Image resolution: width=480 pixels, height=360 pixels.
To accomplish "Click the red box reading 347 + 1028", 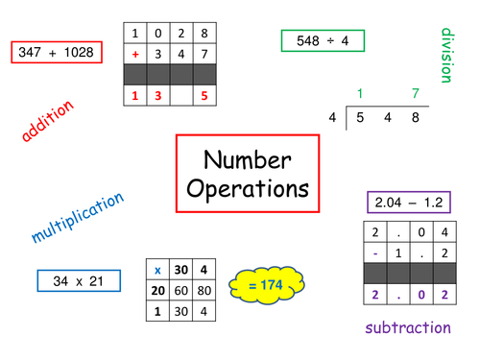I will click(x=56, y=52).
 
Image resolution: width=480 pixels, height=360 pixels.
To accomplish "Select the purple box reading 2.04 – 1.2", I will click(x=408, y=203).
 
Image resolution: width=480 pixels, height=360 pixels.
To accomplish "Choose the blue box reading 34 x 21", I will click(x=79, y=280).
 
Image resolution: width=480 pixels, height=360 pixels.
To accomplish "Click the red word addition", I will click(x=47, y=123).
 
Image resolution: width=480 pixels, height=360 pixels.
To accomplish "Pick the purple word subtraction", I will click(x=407, y=327).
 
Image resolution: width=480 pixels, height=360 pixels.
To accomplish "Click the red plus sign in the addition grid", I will click(x=135, y=55).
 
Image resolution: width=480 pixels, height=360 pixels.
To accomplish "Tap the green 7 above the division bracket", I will click(x=414, y=93).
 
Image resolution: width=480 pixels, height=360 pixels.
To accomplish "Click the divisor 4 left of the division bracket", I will click(x=333, y=116).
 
